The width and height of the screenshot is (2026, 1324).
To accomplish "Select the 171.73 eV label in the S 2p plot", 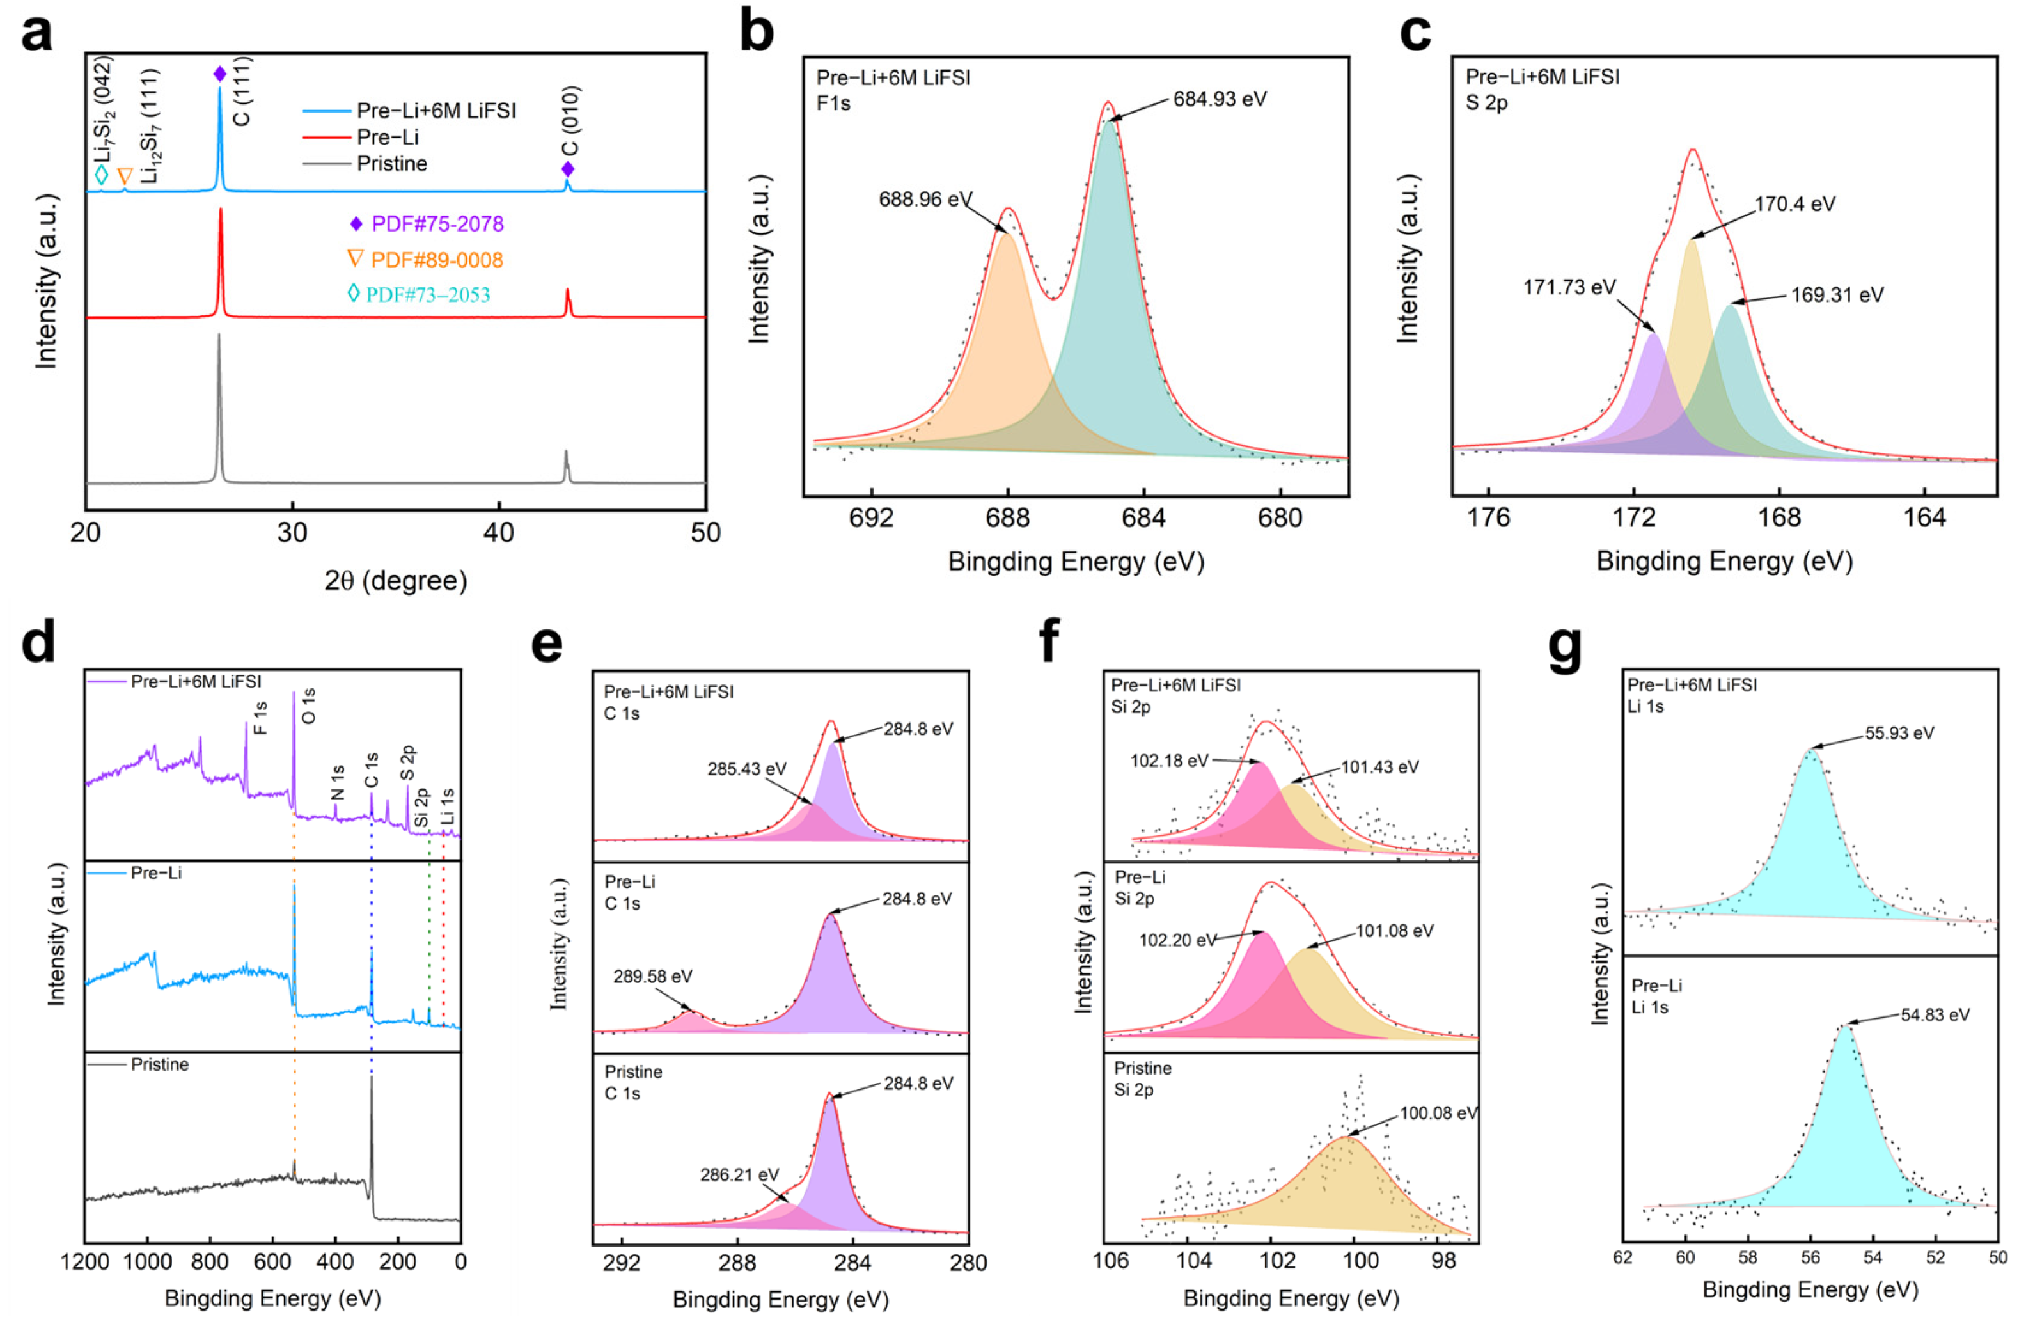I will pyautogui.click(x=1569, y=288).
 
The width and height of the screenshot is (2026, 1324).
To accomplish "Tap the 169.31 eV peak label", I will pyautogui.click(x=1837, y=296).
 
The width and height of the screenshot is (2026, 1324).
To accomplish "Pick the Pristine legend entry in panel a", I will pyautogui.click(x=391, y=164).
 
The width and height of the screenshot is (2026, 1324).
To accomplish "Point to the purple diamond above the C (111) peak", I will pyautogui.click(x=219, y=75).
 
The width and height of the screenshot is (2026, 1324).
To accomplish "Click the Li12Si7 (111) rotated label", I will pyautogui.click(x=152, y=126).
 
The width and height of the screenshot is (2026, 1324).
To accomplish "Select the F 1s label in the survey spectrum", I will pyautogui.click(x=260, y=718).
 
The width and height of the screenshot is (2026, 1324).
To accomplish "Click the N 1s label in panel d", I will pyautogui.click(x=337, y=782).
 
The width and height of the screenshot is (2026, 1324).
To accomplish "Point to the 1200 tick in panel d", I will pyautogui.click(x=85, y=1261).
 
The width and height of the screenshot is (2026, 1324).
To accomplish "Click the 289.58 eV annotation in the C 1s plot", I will pyautogui.click(x=653, y=976).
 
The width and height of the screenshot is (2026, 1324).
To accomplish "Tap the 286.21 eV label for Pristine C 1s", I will pyautogui.click(x=739, y=1175).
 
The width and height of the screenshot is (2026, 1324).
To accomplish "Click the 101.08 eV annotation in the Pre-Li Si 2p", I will pyautogui.click(x=1394, y=931).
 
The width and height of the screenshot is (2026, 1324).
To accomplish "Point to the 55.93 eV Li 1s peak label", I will pyautogui.click(x=1899, y=733).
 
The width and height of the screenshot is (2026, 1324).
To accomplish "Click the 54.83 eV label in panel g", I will pyautogui.click(x=1935, y=1015).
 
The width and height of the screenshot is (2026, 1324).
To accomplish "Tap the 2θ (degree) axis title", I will pyautogui.click(x=395, y=581).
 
